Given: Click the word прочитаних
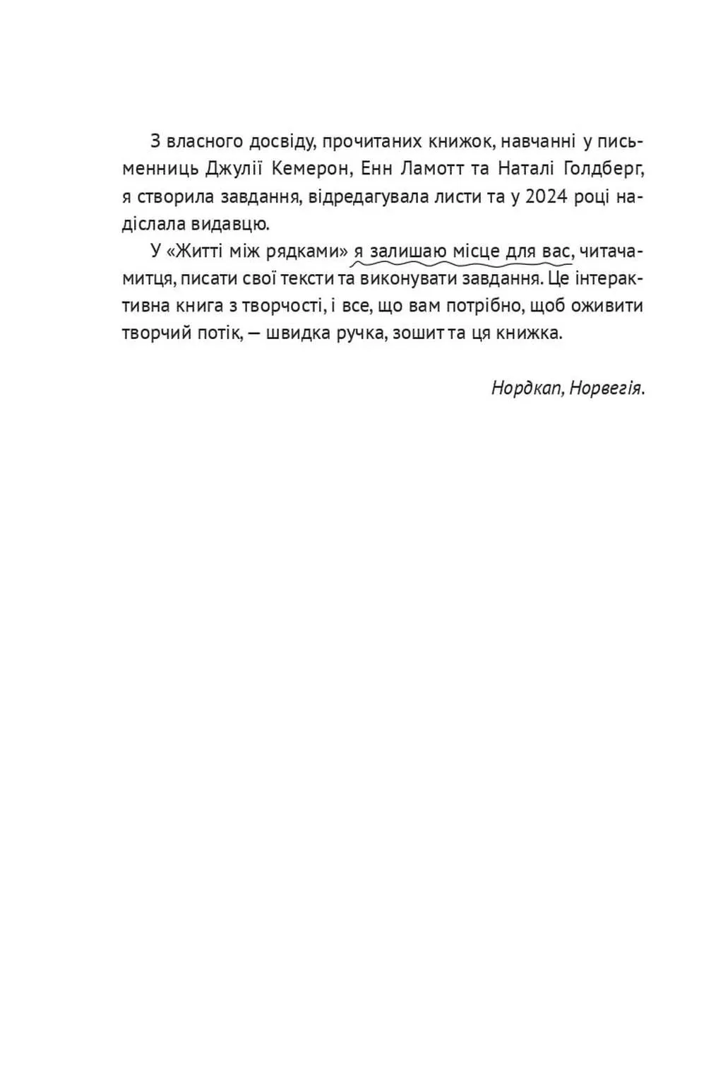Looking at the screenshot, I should point(371,141).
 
